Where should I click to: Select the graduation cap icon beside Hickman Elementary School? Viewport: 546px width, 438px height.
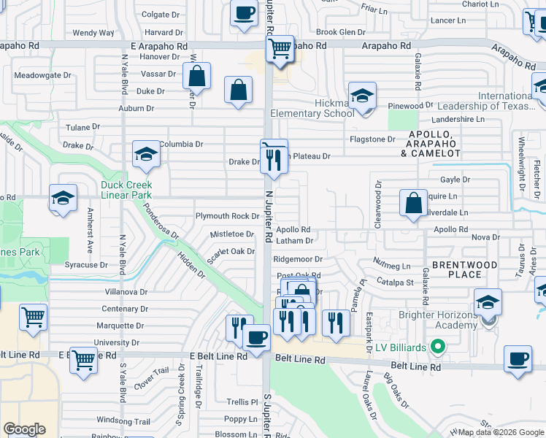pos(361,97)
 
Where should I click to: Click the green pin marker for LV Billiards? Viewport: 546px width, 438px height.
pos(438,347)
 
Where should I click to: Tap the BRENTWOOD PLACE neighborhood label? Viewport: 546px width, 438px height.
pos(464,269)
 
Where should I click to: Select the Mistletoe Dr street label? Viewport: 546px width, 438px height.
pos(231,234)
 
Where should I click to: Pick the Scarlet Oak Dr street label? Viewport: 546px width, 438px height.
pos(231,252)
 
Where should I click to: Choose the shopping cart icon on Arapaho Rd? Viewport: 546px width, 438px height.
pos(280,50)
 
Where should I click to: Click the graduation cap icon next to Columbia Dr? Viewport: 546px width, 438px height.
pos(146,155)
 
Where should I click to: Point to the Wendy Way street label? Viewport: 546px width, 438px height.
pos(93,33)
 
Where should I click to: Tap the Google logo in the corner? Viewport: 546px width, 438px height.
pos(25,429)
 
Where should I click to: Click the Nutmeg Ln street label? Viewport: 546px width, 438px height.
pos(391,266)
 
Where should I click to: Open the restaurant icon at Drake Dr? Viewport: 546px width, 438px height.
pos(274,158)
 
